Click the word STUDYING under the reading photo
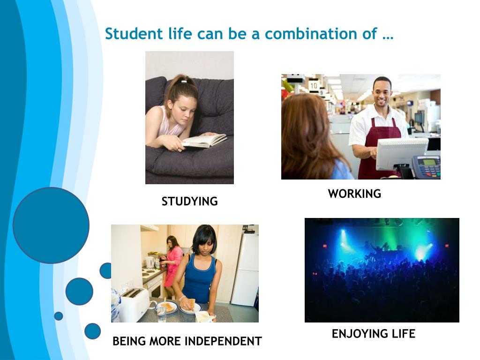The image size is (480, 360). (x=189, y=202)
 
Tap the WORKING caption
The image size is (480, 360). (x=354, y=194)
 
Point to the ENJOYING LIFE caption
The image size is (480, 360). (x=374, y=334)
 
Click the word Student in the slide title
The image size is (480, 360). (x=134, y=33)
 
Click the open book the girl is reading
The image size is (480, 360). (x=204, y=141)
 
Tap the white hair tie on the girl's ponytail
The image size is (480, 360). (x=183, y=82)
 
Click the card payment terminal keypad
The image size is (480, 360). (x=427, y=167)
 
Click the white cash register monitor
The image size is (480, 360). (x=401, y=153)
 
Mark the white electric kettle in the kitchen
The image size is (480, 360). (x=150, y=262)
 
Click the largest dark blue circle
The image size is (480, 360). (x=51, y=225)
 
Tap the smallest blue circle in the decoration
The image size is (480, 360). (x=59, y=316)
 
